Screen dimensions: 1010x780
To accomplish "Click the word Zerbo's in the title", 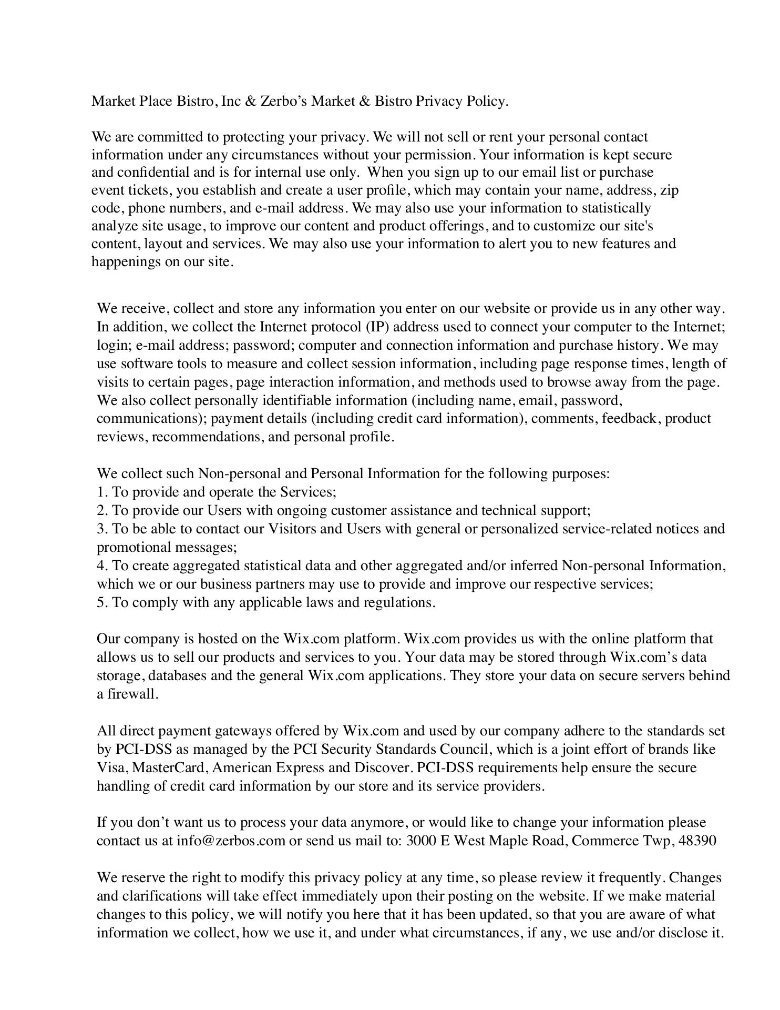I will pyautogui.click(x=283, y=101).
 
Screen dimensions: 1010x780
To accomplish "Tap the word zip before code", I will pyautogui.click(x=669, y=190).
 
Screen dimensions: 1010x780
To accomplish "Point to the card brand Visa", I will pyautogui.click(x=111, y=768).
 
